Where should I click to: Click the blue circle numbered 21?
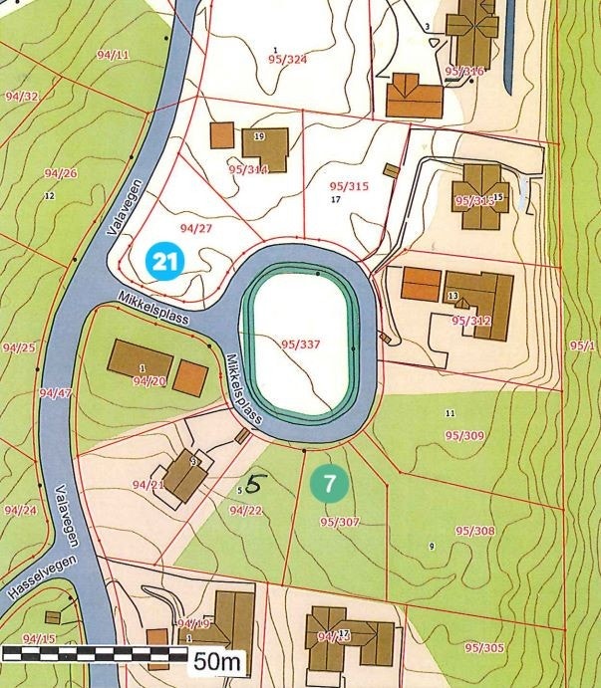(x=165, y=262)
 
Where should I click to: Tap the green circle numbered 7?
(x=329, y=485)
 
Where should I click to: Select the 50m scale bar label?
(x=217, y=659)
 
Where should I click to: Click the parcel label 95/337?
(x=300, y=344)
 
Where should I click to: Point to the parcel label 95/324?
(x=287, y=60)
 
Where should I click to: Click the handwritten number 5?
(x=256, y=485)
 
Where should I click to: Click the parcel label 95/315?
(x=348, y=186)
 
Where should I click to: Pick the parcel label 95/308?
(x=474, y=531)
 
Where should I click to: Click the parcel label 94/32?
(x=21, y=97)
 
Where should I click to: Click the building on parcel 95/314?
(x=264, y=143)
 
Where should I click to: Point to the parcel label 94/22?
(x=245, y=511)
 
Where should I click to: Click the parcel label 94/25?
(x=19, y=347)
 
